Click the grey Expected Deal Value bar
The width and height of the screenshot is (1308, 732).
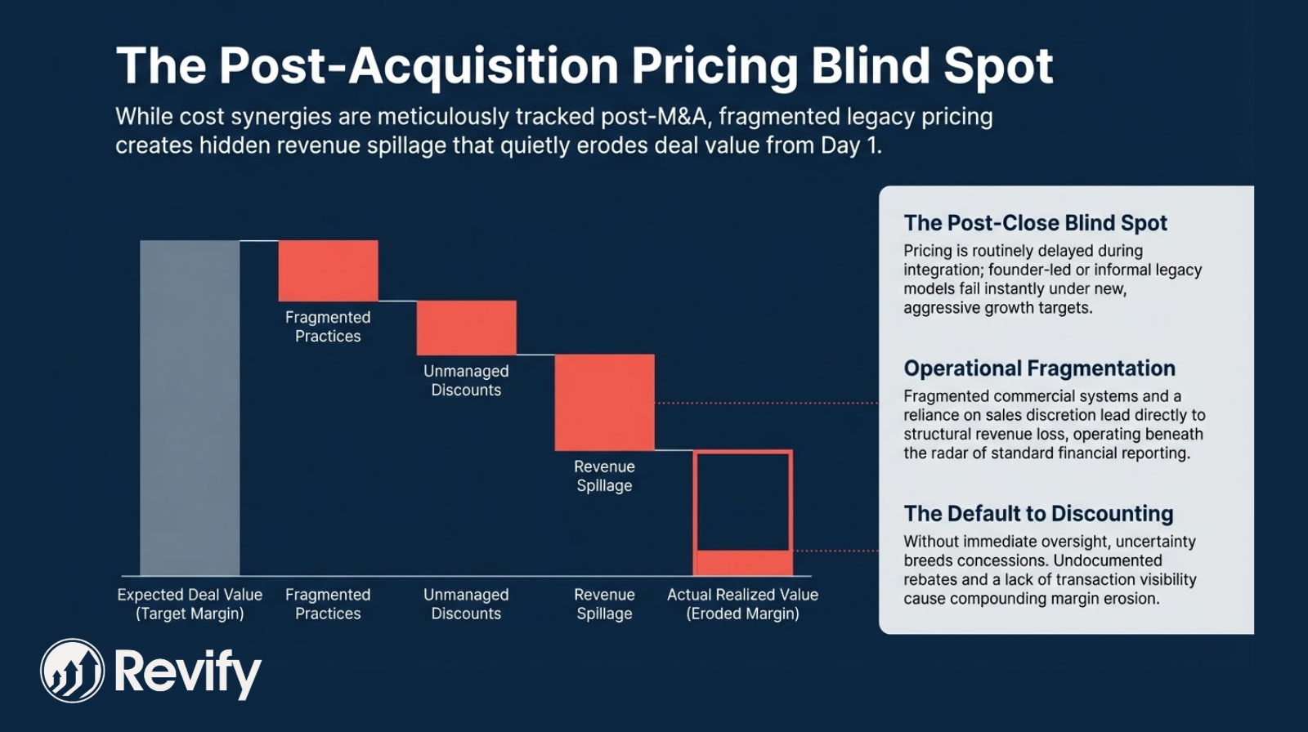pyautogui.click(x=190, y=408)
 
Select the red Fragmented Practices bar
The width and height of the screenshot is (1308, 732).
pyautogui.click(x=328, y=270)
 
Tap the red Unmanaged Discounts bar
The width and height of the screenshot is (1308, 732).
pyautogui.click(x=466, y=328)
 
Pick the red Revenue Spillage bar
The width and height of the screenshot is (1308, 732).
pyautogui.click(x=604, y=402)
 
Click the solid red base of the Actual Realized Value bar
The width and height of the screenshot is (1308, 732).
pyautogui.click(x=742, y=563)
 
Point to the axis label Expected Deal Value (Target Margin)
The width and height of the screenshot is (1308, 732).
pyautogui.click(x=190, y=604)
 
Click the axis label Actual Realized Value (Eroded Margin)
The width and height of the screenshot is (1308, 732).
pyautogui.click(x=742, y=604)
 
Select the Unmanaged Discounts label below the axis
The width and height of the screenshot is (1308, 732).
pyautogui.click(x=466, y=604)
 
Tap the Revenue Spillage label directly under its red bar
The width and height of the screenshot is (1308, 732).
pyautogui.click(x=604, y=475)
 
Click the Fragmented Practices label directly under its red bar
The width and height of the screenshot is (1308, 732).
pyautogui.click(x=328, y=326)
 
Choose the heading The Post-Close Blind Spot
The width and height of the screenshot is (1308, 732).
pyautogui.click(x=1035, y=223)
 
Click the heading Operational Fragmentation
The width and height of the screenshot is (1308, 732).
pyautogui.click(x=1039, y=368)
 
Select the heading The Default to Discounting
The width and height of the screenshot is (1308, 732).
pyautogui.click(x=1038, y=514)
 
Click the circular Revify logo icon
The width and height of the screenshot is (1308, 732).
pyautogui.click(x=73, y=671)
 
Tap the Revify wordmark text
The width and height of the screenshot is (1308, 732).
pyautogui.click(x=187, y=672)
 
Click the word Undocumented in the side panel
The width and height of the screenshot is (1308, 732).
pyautogui.click(x=1108, y=560)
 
